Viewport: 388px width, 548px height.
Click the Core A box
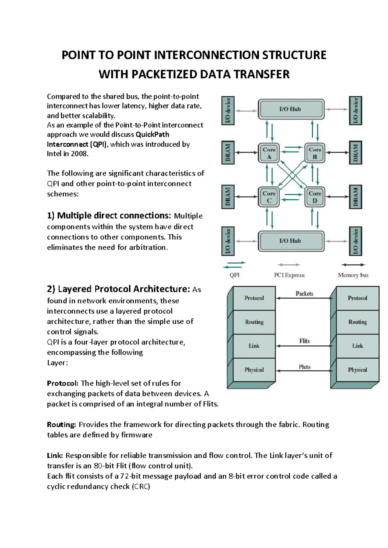pos(269,153)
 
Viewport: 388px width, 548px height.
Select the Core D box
pos(315,197)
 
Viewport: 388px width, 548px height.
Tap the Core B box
pos(315,153)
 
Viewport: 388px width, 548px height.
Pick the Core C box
pos(269,197)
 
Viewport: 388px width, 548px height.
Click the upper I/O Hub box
pos(291,109)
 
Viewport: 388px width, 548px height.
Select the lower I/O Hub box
pos(291,241)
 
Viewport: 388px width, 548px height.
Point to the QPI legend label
pos(234,275)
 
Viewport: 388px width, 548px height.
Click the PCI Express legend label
pos(289,275)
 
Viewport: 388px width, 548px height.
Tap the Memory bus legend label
pos(353,275)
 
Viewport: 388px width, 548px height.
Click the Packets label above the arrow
pos(304,293)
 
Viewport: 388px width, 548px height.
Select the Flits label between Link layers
pos(304,341)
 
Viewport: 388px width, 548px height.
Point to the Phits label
pos(304,367)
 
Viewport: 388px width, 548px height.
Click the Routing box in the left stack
pos(254,322)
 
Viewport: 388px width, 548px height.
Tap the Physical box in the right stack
pos(357,370)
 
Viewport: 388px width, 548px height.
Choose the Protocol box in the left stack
pos(254,298)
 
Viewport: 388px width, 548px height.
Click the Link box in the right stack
pos(357,346)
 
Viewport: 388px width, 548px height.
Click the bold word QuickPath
pos(152,134)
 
